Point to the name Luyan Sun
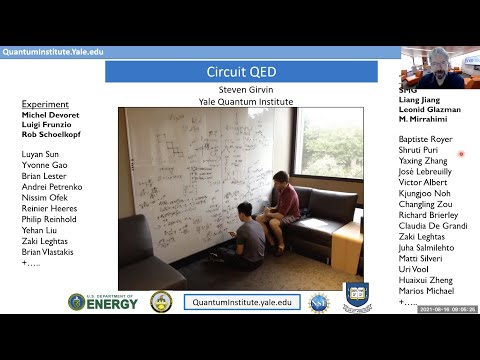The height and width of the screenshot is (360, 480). coord(42,154)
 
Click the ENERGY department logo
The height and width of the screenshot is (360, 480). coord(105,301)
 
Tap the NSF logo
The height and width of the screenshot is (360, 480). coord(318,301)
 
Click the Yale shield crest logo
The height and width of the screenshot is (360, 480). coord(357,297)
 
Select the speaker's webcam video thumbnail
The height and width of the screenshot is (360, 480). coord(439,67)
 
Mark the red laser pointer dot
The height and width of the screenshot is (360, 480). coord(461,154)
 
